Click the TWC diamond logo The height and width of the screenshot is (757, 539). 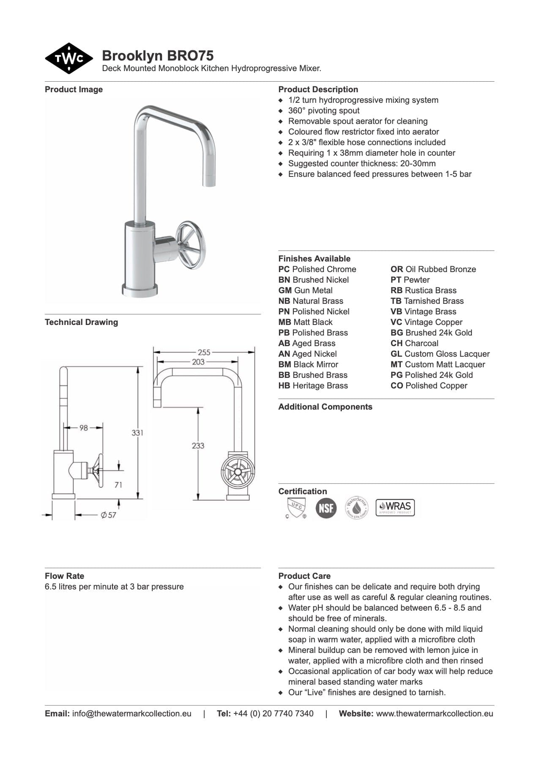point(69,58)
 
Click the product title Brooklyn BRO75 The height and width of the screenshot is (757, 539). point(158,55)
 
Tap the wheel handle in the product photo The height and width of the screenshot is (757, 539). point(189,242)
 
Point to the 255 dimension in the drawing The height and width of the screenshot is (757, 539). point(204,352)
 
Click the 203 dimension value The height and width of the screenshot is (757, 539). point(198,362)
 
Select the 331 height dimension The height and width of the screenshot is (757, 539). point(137,432)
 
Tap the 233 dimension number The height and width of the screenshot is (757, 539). point(198,445)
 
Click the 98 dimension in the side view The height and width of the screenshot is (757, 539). point(84,428)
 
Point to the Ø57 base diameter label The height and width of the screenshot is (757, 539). point(108,515)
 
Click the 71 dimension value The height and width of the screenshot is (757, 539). point(118,485)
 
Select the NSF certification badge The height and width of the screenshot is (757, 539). point(326,508)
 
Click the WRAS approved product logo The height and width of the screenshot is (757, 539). point(395,507)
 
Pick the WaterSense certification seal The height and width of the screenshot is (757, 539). point(356,508)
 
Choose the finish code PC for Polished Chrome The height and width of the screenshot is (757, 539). point(284,269)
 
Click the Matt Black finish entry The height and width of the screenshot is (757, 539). point(305,322)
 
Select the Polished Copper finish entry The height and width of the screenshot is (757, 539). point(429,385)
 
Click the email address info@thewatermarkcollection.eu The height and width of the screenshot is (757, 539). point(131,713)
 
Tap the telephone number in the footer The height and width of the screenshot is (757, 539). point(273,713)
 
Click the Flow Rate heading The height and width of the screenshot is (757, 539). point(64,576)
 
